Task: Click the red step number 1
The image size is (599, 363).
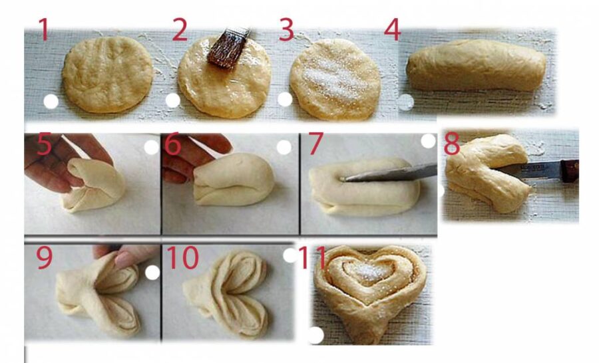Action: pyautogui.click(x=43, y=29)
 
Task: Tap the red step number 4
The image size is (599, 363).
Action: pyautogui.click(x=392, y=29)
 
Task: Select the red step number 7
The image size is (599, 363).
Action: pyautogui.click(x=316, y=144)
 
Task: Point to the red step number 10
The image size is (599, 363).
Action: pyautogui.click(x=182, y=257)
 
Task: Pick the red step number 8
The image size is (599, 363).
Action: pyautogui.click(x=452, y=144)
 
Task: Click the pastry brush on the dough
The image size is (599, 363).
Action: pyautogui.click(x=228, y=49)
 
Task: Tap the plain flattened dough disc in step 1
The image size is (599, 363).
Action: pyautogui.click(x=107, y=74)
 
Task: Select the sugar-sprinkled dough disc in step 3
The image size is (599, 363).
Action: pyautogui.click(x=335, y=78)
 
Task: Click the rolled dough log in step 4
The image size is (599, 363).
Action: pyautogui.click(x=476, y=65)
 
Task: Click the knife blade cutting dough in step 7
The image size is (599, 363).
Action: pyautogui.click(x=389, y=173)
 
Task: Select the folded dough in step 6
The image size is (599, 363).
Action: pyautogui.click(x=234, y=179)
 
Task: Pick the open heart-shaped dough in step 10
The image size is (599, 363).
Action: pyautogui.click(x=226, y=294)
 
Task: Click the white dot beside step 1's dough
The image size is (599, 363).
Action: pyautogui.click(x=51, y=102)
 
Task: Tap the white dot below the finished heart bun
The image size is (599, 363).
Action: pyautogui.click(x=315, y=336)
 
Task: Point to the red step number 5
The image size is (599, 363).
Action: pyautogui.click(x=44, y=144)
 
